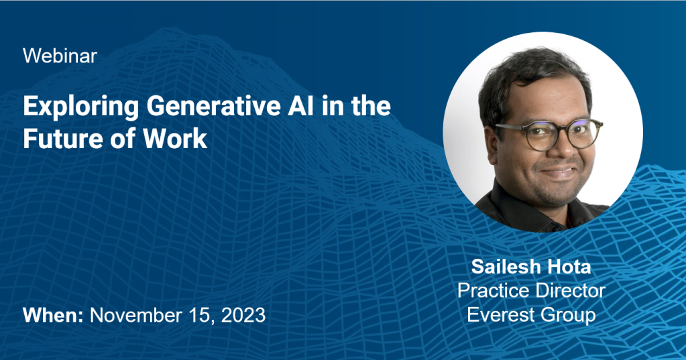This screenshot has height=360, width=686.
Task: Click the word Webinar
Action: (x=60, y=56)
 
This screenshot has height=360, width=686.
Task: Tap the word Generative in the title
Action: (x=213, y=107)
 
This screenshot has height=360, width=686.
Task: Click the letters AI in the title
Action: (x=301, y=107)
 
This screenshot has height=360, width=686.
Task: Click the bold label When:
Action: (x=53, y=315)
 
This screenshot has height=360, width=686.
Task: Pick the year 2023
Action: (x=243, y=315)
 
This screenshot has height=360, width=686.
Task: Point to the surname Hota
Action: (x=566, y=267)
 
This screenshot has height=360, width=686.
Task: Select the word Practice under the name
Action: (x=490, y=291)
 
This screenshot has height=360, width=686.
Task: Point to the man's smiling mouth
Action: (x=561, y=172)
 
